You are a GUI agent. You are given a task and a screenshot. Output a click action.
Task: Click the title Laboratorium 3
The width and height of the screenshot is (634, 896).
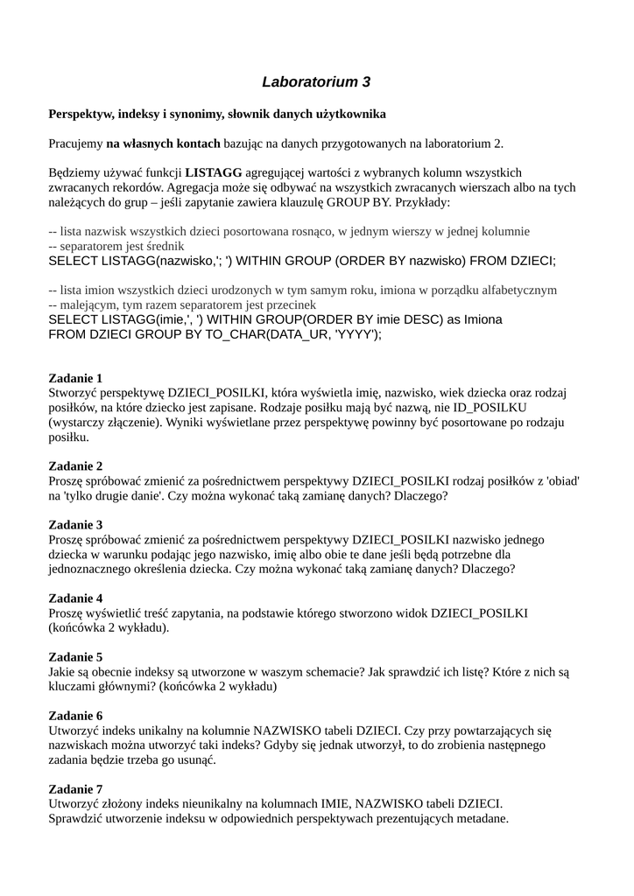(316, 82)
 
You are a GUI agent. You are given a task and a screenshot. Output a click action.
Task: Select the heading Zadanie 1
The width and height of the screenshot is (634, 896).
(75, 378)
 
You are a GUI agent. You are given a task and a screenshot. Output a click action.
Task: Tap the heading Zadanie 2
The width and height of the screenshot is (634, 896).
(75, 465)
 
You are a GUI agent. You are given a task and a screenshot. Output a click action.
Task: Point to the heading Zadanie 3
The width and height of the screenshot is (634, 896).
(75, 525)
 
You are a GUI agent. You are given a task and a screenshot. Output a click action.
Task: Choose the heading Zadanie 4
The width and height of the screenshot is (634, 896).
(75, 598)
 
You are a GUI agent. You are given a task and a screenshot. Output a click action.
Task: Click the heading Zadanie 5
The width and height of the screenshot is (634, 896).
(75, 657)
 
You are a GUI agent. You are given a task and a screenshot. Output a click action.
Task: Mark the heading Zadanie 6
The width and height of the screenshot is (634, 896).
(75, 716)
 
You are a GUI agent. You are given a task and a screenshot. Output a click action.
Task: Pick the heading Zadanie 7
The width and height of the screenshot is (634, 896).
(75, 788)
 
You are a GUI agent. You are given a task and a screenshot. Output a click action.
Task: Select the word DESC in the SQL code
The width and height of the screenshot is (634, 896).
(411, 319)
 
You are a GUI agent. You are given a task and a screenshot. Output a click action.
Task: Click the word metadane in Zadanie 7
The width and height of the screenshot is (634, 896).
(480, 819)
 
